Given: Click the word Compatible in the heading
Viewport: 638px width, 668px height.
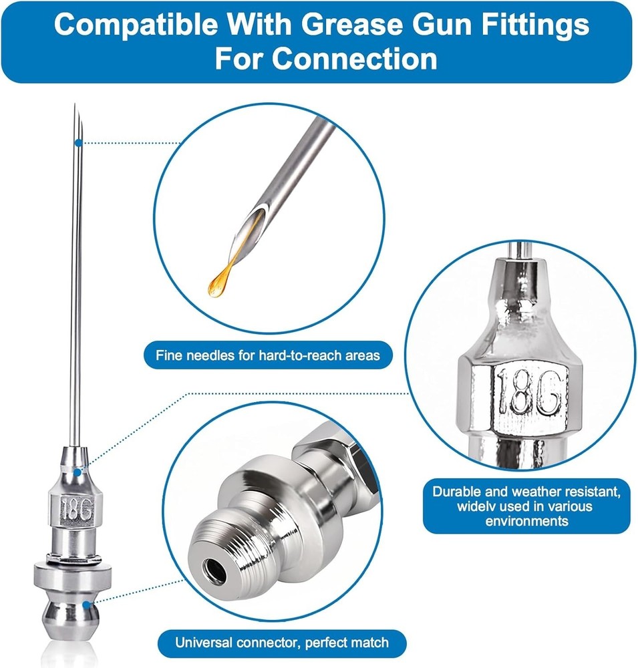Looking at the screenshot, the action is tap(135, 25).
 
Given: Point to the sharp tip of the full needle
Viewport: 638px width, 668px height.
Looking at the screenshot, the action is tap(75, 104).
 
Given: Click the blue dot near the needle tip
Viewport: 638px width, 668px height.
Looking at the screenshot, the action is tap(78, 143).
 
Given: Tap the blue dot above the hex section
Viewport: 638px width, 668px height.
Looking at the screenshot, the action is tap(77, 472).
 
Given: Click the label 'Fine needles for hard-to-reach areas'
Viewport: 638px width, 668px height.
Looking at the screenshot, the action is tap(268, 355).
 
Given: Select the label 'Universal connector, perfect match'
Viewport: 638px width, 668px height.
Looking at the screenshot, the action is tap(282, 643).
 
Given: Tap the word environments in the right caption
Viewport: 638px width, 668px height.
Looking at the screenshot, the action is tap(526, 521).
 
